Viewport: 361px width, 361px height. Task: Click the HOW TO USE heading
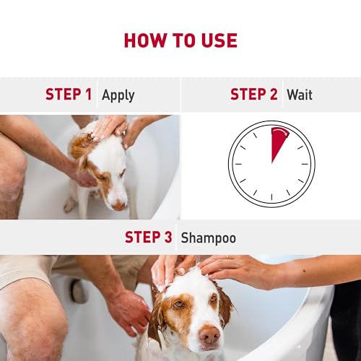click(180, 40)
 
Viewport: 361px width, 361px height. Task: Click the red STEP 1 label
click(69, 95)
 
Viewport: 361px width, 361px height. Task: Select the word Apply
click(118, 95)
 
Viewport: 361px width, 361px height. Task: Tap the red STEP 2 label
click(253, 95)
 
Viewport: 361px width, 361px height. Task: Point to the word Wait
click(300, 95)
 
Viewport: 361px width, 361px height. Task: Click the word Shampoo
click(208, 238)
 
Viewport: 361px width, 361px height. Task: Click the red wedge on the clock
click(277, 142)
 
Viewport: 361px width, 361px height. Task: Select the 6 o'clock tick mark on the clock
click(271, 200)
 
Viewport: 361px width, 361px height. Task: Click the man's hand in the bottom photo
click(129, 310)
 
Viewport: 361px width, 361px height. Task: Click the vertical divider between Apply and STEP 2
click(180, 95)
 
